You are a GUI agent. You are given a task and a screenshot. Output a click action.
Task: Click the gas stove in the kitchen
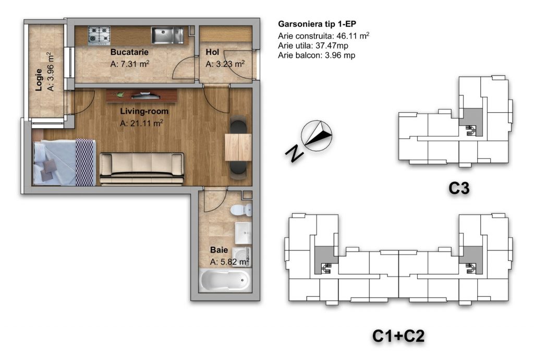click(x=100, y=35)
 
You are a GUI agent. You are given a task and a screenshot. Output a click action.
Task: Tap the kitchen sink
click(x=167, y=35)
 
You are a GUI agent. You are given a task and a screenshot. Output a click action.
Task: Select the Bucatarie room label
click(x=129, y=52)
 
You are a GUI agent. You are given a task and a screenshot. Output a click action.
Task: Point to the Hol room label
click(x=212, y=52)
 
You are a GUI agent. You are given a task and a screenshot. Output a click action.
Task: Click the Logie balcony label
click(x=39, y=80)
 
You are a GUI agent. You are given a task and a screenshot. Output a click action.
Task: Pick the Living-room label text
click(x=144, y=111)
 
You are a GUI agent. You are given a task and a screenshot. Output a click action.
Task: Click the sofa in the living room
click(x=142, y=169)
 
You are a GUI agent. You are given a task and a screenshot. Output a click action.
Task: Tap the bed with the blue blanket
click(x=64, y=162)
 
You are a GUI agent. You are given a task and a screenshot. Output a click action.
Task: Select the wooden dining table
click(x=238, y=147)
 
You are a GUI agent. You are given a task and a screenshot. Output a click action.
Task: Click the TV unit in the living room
click(x=141, y=95)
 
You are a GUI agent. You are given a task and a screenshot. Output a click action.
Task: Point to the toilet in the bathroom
click(x=241, y=210)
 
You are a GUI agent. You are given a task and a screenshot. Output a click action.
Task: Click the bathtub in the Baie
click(x=225, y=281)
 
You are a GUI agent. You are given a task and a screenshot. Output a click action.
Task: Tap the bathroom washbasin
click(x=244, y=233)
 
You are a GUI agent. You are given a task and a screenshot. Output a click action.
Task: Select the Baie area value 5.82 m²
click(x=229, y=261)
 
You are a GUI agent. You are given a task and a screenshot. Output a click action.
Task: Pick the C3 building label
click(x=459, y=188)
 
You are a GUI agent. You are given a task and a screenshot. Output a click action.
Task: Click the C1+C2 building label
click(x=398, y=336)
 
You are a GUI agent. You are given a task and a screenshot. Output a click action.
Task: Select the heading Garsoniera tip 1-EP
click(x=317, y=24)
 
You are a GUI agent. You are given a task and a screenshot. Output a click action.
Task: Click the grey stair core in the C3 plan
click(x=471, y=122)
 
